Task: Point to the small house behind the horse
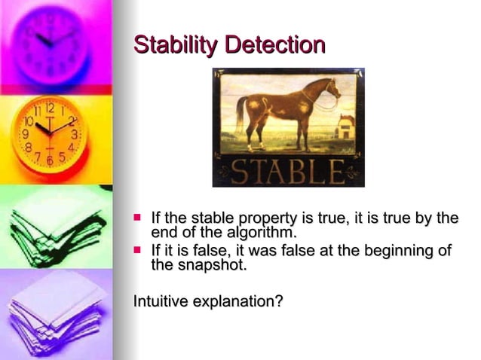coord(345,126)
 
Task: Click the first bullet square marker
coord(137,218)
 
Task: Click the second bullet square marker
coord(137,249)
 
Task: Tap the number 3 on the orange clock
coord(74,134)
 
